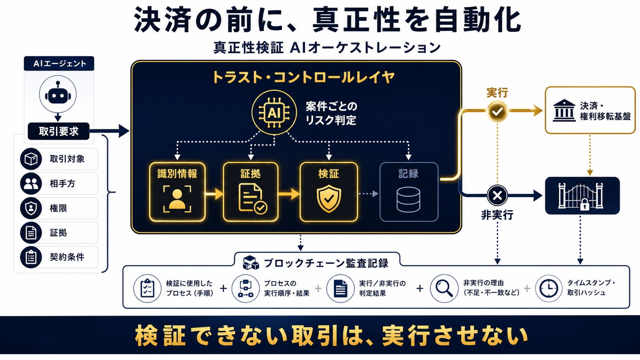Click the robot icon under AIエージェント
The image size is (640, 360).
tap(58, 94)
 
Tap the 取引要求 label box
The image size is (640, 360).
tap(59, 131)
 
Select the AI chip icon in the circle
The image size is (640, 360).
tap(274, 112)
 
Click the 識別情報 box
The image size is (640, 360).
tap(177, 192)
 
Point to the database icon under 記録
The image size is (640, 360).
tap(408, 200)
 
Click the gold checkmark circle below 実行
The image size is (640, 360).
tap(497, 111)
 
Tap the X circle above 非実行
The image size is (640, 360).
tap(497, 195)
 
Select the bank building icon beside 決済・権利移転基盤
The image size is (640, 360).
tap(564, 111)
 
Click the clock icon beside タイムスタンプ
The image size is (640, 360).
tap(549, 288)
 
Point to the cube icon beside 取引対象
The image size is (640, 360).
tap(31, 159)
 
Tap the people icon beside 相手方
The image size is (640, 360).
tap(31, 183)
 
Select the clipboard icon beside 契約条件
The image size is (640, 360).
tap(31, 257)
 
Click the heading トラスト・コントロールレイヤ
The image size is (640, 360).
tap(303, 77)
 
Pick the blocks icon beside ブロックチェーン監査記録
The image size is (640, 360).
tap(251, 262)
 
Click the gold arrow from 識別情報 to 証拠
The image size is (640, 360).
tap(214, 194)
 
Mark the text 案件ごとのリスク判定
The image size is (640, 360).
tap(331, 113)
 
